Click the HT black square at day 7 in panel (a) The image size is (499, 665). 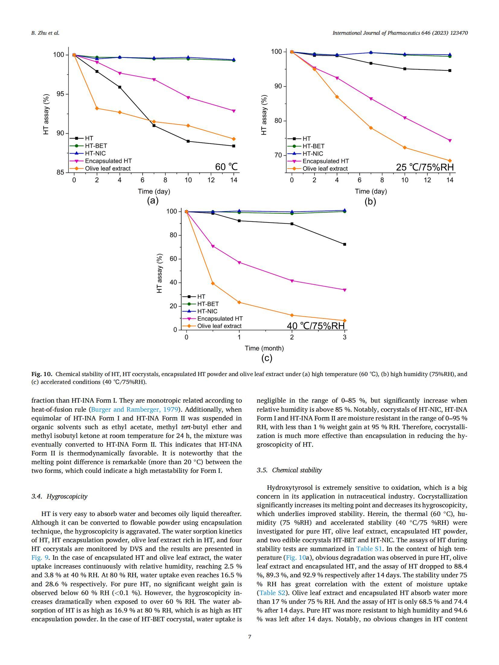[154, 125]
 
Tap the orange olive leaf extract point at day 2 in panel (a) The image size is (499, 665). [97, 108]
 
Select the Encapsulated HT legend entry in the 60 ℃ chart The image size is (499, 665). [108, 161]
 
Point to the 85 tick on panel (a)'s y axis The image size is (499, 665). [60, 173]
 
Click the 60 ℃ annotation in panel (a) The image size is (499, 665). [226, 167]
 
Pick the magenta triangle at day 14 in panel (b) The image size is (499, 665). [450, 141]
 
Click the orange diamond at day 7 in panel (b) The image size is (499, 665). [371, 128]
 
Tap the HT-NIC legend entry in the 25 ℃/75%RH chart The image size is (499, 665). [313, 154]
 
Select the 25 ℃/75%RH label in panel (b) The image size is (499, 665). [424, 167]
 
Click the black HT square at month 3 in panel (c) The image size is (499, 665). [345, 244]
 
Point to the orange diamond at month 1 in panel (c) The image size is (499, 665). [239, 302]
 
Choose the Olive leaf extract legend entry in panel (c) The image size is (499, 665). [219, 326]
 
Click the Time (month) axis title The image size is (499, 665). [264, 348]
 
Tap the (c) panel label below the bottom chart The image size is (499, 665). [267, 358]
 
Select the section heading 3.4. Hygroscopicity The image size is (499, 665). [59, 496]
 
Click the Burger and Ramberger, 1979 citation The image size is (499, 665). [134, 410]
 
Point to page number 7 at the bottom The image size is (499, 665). [249, 637]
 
